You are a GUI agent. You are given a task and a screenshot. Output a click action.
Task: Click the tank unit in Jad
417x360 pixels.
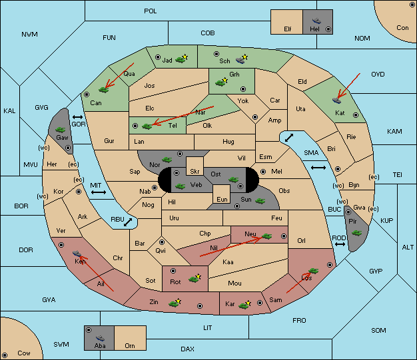(x=181, y=59)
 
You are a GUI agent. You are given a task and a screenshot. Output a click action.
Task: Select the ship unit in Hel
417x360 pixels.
(x=316, y=21)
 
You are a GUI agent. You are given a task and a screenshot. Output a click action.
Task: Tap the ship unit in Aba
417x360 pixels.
(x=100, y=338)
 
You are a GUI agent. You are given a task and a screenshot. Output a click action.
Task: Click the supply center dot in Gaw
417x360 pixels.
(x=68, y=148)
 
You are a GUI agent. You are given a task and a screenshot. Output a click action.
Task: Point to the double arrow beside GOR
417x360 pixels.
(x=78, y=117)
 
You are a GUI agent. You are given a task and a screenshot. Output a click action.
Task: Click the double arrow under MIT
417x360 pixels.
(x=99, y=192)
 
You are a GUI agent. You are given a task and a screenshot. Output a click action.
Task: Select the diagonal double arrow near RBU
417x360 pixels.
(x=128, y=222)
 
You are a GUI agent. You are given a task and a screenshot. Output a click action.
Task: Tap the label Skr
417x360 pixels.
(x=195, y=172)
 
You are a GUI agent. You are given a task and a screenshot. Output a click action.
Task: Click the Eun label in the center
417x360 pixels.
(x=222, y=199)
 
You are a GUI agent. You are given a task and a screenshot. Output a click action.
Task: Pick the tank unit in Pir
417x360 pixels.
(x=356, y=233)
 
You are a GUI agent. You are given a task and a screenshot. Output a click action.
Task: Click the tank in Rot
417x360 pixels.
(x=194, y=279)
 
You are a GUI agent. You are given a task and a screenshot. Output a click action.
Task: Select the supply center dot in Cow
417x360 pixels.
(x=5, y=355)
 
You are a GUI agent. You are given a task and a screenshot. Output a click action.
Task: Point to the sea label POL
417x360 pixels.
(x=151, y=11)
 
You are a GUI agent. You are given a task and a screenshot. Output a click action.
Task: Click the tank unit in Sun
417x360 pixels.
(x=260, y=201)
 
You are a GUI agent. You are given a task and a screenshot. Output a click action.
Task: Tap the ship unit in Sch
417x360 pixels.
(x=240, y=61)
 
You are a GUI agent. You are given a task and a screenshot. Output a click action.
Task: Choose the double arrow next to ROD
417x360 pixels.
(x=340, y=244)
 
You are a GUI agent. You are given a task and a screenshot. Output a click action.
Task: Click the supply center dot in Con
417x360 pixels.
(x=412, y=5)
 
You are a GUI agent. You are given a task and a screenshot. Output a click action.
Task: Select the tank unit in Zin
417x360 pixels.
(x=174, y=303)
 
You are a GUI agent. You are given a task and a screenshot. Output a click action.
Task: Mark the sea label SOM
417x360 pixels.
(x=378, y=330)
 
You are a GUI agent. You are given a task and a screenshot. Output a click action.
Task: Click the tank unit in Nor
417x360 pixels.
(x=167, y=160)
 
